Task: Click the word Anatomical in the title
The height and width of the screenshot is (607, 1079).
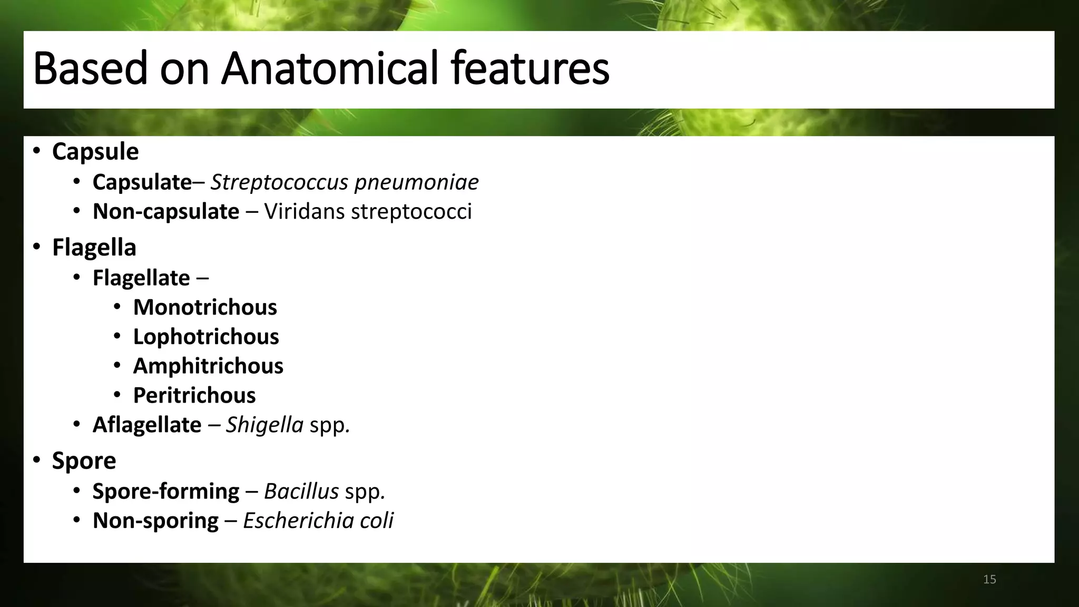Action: (329, 68)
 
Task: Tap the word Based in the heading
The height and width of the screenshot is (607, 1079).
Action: (91, 68)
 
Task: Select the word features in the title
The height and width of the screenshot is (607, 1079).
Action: (530, 68)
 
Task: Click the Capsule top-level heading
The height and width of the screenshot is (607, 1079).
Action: (95, 152)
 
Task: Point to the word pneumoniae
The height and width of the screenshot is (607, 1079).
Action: (416, 182)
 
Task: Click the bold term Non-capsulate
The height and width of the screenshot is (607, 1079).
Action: (166, 212)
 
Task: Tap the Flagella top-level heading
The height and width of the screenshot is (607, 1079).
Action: (94, 248)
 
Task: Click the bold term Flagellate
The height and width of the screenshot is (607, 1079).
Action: (141, 278)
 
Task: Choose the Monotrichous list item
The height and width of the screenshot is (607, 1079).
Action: (205, 308)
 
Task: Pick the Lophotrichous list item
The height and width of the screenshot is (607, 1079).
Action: (206, 337)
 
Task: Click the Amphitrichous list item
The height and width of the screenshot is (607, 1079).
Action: (208, 366)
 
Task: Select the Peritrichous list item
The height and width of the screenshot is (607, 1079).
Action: (194, 396)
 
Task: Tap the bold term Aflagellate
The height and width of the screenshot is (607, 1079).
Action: (147, 425)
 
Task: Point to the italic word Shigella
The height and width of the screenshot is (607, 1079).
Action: (264, 425)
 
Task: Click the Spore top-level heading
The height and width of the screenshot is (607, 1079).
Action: (84, 461)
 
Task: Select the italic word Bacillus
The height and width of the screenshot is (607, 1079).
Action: (301, 492)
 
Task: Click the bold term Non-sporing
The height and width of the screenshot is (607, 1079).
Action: (155, 521)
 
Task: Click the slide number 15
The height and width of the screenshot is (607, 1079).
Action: (989, 580)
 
